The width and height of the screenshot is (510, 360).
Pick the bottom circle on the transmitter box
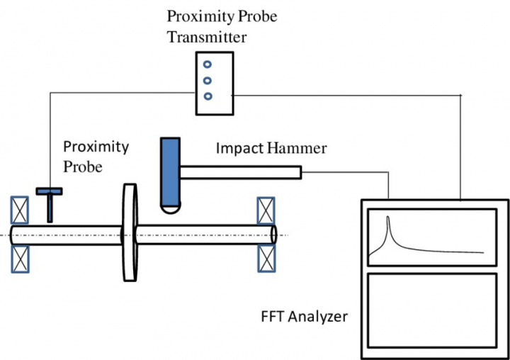pyautogui.click(x=207, y=96)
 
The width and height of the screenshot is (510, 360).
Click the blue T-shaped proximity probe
pyautogui.click(x=50, y=202)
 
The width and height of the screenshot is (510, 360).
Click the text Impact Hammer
pyautogui.click(x=271, y=148)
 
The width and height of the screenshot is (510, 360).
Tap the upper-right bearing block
pyautogui.click(x=266, y=210)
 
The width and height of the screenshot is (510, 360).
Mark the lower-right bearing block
pyautogui.click(x=266, y=259)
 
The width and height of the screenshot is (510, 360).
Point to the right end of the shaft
pyautogui.click(x=273, y=235)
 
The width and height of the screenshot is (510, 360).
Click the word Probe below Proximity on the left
pyautogui.click(x=84, y=167)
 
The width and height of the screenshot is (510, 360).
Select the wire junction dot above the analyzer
pyautogui.click(x=461, y=94)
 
